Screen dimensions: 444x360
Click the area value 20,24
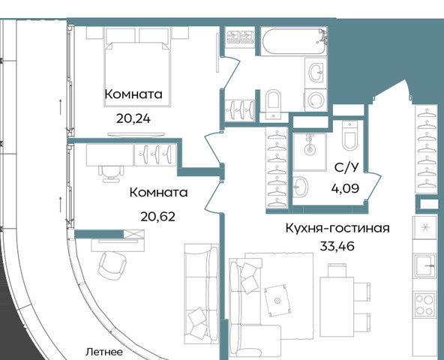click(x=133, y=118)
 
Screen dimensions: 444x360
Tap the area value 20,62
click(x=158, y=217)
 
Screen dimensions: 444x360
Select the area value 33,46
click(x=337, y=246)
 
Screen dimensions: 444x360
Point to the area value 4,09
click(x=345, y=188)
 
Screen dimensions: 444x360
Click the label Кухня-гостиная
click(x=337, y=228)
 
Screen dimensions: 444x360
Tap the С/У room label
click(x=346, y=167)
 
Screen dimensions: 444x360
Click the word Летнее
click(x=104, y=352)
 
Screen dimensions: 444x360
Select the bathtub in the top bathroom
click(x=294, y=41)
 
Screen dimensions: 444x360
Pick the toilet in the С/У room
click(x=350, y=136)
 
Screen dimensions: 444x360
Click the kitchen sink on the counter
click(x=425, y=265)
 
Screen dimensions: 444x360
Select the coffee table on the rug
click(x=277, y=300)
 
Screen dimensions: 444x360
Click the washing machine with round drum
click(x=316, y=100)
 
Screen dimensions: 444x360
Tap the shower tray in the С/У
click(x=310, y=151)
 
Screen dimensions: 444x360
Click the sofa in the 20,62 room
click(x=202, y=294)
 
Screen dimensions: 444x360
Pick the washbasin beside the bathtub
click(x=316, y=73)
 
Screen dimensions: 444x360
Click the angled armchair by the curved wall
click(x=112, y=265)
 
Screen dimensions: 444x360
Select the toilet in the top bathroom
click(x=273, y=102)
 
